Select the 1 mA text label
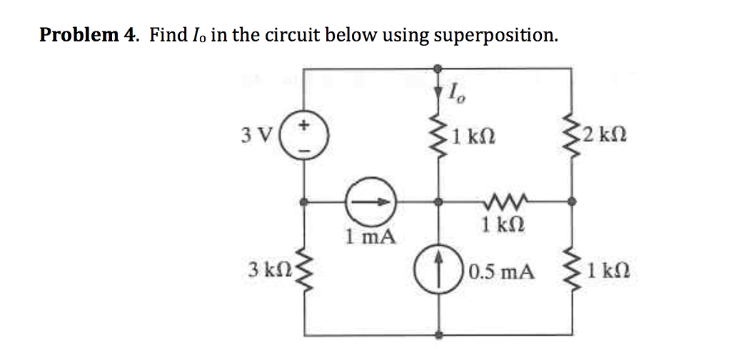coord(370,236)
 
